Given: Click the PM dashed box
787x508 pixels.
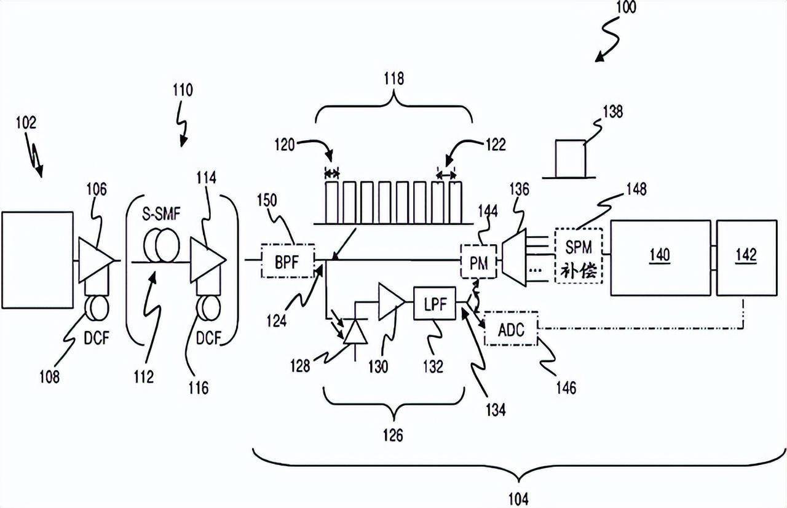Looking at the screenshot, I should [478, 262].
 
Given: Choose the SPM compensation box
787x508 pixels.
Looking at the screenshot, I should [579, 255].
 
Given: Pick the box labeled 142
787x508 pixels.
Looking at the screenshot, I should [745, 255].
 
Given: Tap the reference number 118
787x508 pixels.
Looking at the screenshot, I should [394, 78].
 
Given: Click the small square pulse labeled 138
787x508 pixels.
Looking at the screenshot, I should [569, 159].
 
